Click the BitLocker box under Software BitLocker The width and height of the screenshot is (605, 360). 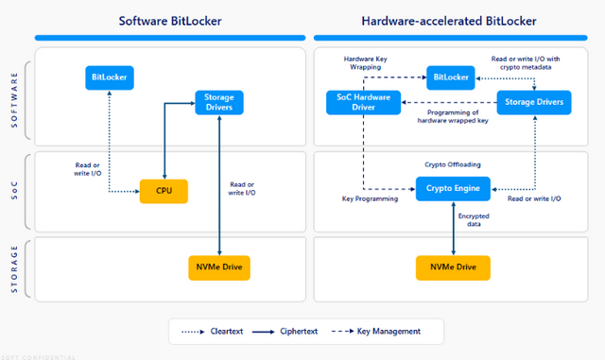click(109, 76)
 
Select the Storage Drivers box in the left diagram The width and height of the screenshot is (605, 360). click(219, 101)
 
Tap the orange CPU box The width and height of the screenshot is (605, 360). click(164, 191)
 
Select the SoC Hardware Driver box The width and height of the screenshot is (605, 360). click(364, 101)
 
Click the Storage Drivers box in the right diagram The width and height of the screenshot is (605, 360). click(535, 101)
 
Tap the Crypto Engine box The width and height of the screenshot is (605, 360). click(453, 188)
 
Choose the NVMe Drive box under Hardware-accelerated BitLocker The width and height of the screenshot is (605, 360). click(453, 267)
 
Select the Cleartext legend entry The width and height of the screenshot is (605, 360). click(233, 331)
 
